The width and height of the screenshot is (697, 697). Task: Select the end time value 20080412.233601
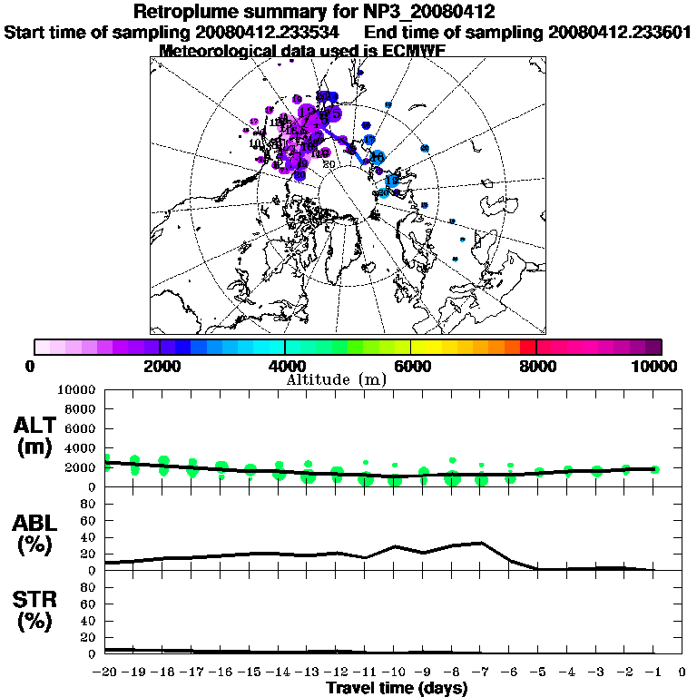point(620,32)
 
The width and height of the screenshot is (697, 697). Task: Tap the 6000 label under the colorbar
point(411,366)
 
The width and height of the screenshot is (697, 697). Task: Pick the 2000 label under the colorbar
point(160,366)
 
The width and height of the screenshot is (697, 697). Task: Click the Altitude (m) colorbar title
point(337,378)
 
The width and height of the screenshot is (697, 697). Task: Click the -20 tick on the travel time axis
point(106,672)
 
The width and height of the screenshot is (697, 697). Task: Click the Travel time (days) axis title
point(397,688)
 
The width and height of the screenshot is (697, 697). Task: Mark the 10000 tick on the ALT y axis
point(77,389)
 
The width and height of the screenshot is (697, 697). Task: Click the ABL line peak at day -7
point(481,543)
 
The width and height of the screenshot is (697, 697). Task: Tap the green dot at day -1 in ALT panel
point(654,469)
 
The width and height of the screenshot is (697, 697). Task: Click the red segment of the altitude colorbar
point(528,347)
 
